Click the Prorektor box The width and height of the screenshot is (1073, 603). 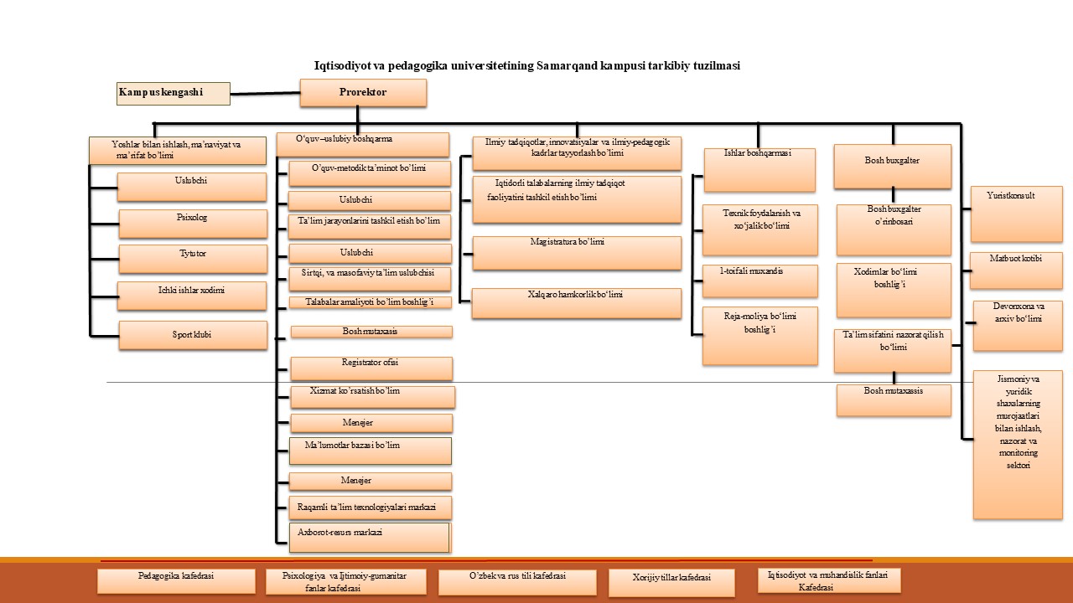pos(363,93)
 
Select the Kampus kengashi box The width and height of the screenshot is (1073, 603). pos(174,94)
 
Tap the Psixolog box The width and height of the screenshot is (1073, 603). pos(193,224)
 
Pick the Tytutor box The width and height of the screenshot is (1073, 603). pos(193,259)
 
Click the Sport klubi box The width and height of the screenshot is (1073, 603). pos(193,335)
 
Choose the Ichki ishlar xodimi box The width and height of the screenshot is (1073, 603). pos(193,296)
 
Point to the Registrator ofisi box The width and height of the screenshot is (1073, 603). pos(371,368)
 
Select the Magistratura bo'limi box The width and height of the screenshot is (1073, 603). pos(577,253)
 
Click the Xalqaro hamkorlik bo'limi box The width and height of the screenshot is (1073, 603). pos(577,303)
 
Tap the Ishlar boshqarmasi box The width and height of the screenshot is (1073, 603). pos(759,169)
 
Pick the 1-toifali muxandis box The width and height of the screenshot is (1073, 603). pos(759,281)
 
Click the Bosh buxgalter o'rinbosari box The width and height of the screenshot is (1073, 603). pos(894,229)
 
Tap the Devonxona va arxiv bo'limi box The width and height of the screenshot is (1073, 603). pos(1017,326)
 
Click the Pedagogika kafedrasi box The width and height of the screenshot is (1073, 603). pos(176,581)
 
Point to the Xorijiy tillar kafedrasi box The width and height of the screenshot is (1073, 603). pos(671,583)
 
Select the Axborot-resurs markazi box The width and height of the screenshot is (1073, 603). pos(370,538)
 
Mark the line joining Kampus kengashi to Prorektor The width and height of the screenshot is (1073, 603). pos(265,93)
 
